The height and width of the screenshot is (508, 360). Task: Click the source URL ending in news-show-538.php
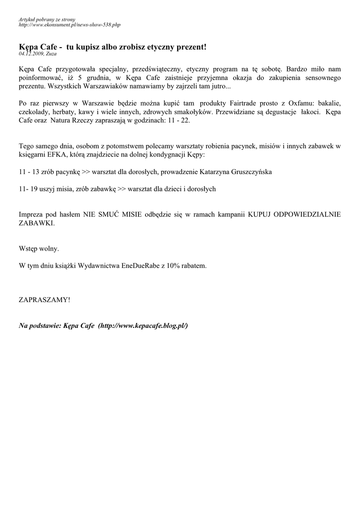point(70,24)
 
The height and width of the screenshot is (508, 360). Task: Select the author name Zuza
point(51,53)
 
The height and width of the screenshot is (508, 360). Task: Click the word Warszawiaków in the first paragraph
point(86,86)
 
